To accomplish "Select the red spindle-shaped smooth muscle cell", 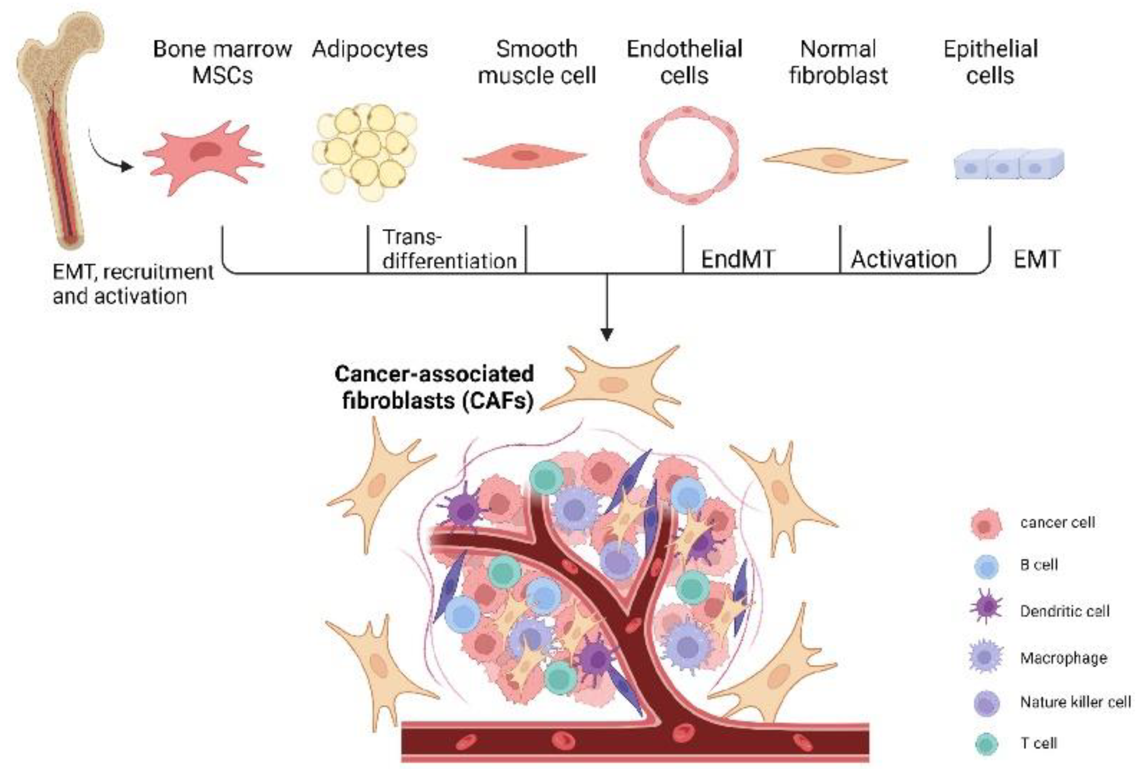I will tap(525, 156).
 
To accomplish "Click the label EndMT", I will tap(737, 259).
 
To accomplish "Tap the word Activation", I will tap(904, 259).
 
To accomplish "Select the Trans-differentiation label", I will tap(449, 249).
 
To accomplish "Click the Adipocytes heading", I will tap(369, 49).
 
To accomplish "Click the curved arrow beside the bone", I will tap(108, 155).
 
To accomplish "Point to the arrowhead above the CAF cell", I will tap(607, 334).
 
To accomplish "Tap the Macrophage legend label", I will tap(1063, 658).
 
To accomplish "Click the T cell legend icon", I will tap(986, 743).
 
